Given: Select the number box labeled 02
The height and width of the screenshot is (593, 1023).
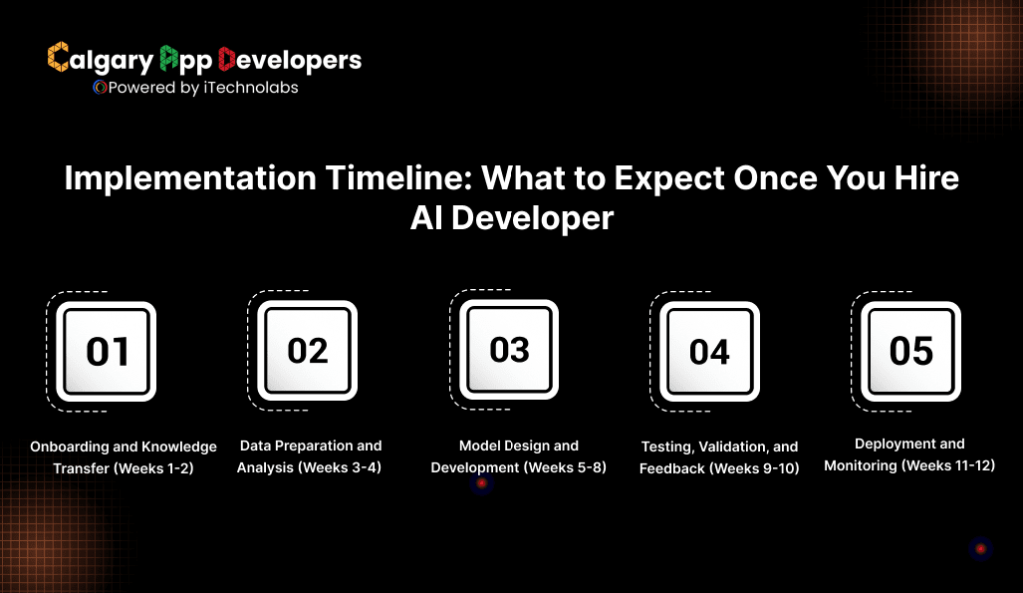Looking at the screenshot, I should (308, 350).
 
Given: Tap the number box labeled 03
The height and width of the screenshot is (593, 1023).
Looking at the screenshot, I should (510, 349).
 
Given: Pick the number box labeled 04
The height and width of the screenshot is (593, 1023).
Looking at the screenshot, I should (710, 351).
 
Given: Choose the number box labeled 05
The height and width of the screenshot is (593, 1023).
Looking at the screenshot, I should (911, 350).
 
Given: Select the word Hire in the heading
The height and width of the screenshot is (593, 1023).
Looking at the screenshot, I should (923, 178).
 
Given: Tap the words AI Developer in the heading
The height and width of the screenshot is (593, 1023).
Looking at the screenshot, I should (511, 217).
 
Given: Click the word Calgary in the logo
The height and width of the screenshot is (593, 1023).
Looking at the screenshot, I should (100, 60).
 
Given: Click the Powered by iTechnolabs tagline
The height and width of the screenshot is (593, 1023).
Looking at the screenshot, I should (195, 87).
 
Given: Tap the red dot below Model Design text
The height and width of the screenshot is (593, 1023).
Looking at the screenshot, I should (481, 484).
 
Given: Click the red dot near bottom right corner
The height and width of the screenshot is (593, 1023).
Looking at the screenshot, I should (980, 548).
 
